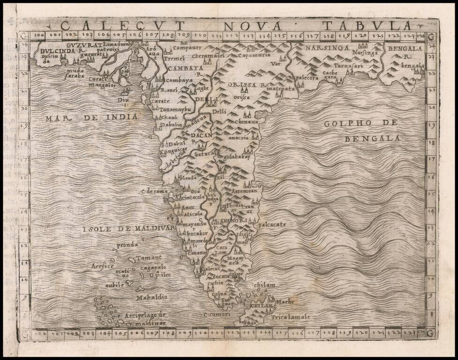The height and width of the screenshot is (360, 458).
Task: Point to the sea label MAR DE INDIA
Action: [x=91, y=118]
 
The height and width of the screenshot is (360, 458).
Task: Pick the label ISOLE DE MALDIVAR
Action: [x=128, y=229]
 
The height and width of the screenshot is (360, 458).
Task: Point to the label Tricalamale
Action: [x=291, y=317]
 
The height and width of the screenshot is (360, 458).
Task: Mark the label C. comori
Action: [x=217, y=315]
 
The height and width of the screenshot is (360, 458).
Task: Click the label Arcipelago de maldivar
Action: [x=145, y=319]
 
